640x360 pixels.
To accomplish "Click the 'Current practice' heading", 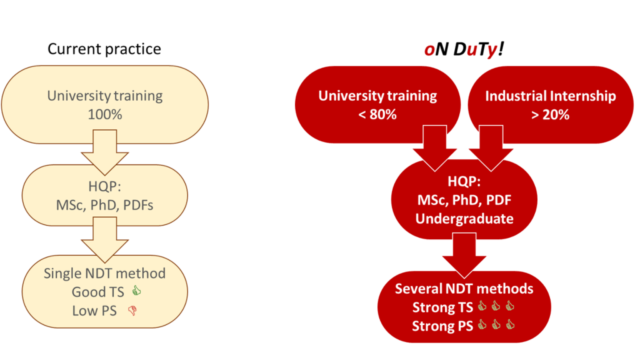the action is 104,49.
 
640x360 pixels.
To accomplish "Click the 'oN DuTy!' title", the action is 464,49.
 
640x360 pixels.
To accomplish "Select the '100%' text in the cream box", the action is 105,114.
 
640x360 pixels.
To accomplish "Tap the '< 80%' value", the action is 377,114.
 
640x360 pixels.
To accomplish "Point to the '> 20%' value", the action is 550,115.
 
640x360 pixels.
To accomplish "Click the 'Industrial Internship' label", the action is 550,96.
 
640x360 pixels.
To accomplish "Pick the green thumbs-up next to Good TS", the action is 136,291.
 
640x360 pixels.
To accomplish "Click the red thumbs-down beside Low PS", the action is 132,311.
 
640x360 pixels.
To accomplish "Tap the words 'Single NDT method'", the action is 104,273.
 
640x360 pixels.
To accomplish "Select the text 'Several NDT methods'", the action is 464,289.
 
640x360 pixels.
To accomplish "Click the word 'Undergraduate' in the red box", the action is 464,219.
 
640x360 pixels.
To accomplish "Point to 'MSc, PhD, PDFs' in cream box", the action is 104,205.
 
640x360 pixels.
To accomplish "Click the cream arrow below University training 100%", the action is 105,152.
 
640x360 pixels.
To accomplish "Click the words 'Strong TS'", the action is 442,307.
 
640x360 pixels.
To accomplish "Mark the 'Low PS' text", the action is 94,311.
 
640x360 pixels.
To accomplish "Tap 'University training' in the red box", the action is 377,96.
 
